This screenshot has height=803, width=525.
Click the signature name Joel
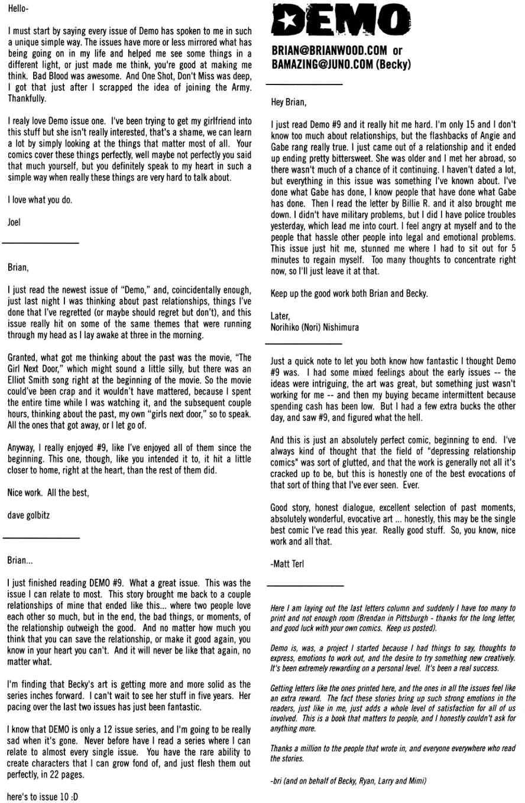tap(14, 222)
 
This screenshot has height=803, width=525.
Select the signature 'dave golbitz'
tap(28, 515)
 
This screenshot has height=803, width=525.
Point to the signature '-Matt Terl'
tap(287, 564)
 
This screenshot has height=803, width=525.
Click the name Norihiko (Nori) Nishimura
tap(315, 327)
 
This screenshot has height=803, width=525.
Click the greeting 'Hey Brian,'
tap(289, 102)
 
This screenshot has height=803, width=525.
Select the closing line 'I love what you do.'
tap(40, 200)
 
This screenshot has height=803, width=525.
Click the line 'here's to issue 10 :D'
tap(43, 797)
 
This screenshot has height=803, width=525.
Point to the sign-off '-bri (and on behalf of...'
tap(348, 781)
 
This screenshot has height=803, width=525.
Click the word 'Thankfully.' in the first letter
tap(27, 99)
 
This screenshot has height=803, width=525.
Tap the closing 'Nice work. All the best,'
tap(48, 492)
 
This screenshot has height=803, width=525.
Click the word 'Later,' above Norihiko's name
tap(281, 316)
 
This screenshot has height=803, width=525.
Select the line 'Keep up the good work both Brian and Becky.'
tap(349, 293)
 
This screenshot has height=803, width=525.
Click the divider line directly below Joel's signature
tap(40, 243)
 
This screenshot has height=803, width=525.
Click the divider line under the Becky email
tap(307, 84)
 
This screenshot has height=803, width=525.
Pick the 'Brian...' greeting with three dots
tap(20, 559)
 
